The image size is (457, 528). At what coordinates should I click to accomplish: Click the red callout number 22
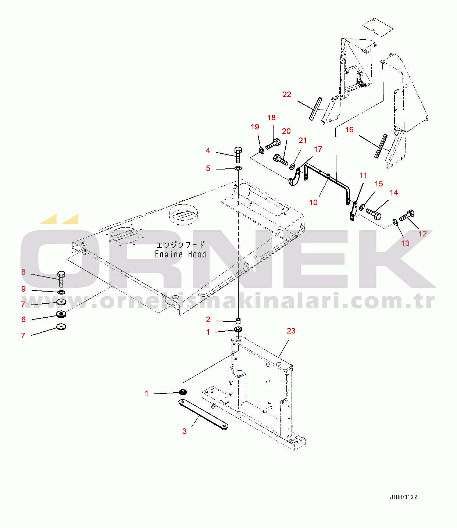(x=287, y=94)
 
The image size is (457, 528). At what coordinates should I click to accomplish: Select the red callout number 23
(x=291, y=331)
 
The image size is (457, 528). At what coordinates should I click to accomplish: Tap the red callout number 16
(x=349, y=130)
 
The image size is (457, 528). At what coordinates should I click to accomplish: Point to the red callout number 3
(x=185, y=431)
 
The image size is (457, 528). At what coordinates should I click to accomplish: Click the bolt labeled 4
(x=238, y=154)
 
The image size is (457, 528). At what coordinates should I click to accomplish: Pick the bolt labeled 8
(x=61, y=279)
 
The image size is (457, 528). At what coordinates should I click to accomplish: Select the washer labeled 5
(x=238, y=168)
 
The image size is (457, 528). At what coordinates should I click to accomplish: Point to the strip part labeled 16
(x=381, y=146)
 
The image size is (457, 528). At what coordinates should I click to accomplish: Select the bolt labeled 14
(x=374, y=214)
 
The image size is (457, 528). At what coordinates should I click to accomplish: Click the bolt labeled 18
(x=273, y=143)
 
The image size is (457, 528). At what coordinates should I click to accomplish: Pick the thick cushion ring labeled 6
(x=61, y=314)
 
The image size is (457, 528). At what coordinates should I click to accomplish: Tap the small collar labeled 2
(x=238, y=321)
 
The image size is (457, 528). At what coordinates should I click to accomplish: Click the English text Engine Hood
(x=180, y=254)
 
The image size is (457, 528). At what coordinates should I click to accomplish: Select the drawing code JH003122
(x=403, y=497)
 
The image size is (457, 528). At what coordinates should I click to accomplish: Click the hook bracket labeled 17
(x=294, y=178)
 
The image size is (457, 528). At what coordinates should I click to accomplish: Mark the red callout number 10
(x=313, y=203)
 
